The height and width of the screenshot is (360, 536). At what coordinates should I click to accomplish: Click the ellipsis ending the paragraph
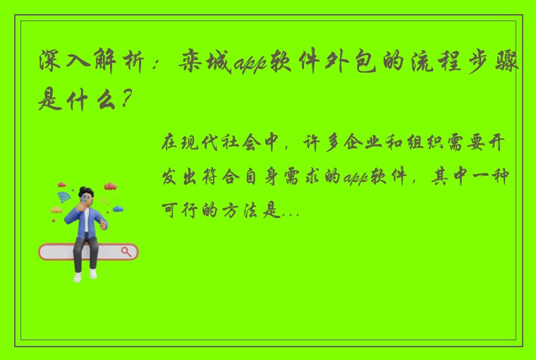point(291,211)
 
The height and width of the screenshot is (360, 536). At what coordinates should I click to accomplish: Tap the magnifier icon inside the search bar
point(127,251)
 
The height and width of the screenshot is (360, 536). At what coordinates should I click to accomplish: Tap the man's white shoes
point(85,275)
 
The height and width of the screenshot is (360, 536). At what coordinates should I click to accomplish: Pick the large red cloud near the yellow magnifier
point(110,186)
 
